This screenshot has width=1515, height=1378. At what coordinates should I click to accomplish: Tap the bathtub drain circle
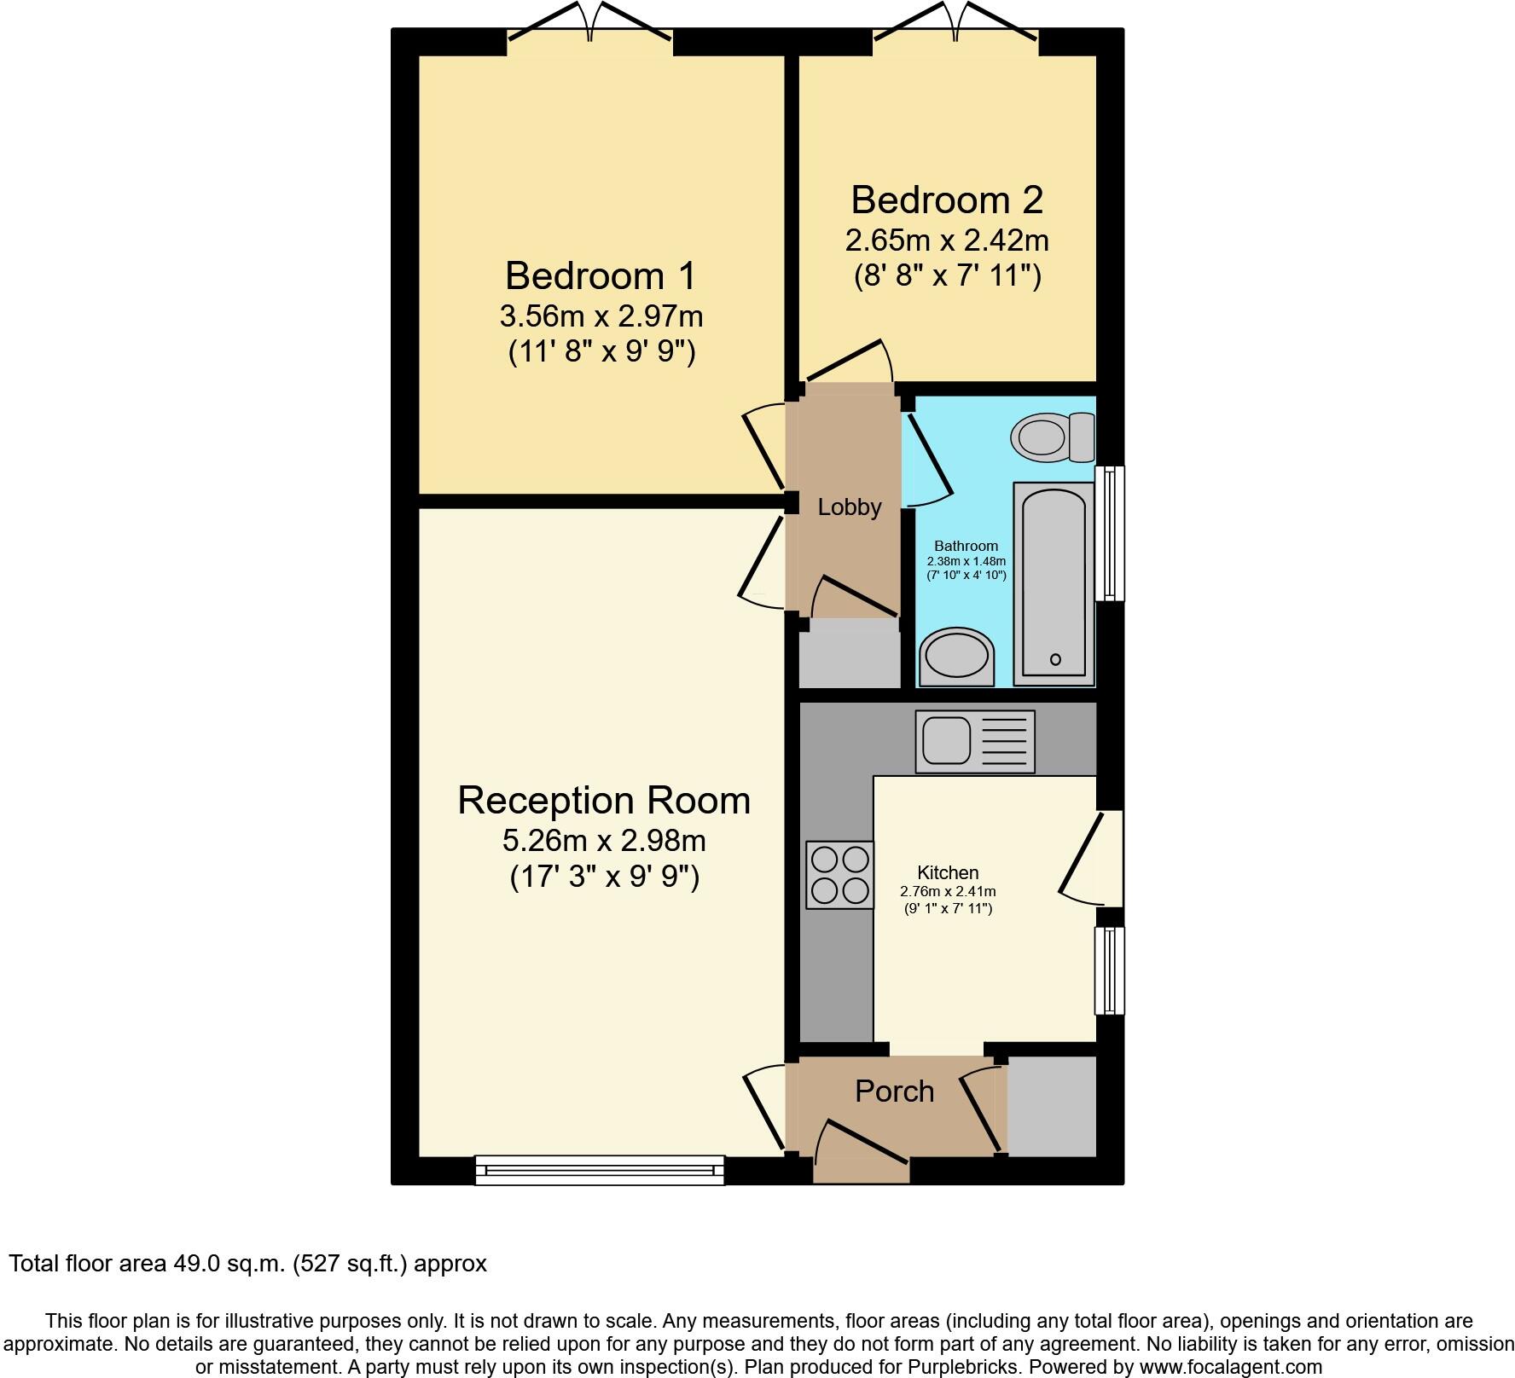click(1055, 659)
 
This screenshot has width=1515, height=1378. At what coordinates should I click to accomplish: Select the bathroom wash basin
click(957, 657)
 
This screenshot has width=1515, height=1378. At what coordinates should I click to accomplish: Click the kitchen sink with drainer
click(975, 741)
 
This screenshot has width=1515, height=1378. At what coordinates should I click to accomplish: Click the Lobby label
click(849, 507)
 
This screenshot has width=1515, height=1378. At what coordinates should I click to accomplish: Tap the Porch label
click(894, 1091)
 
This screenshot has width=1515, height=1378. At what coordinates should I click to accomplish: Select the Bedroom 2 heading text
click(947, 200)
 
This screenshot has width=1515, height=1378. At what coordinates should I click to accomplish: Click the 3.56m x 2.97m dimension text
click(601, 316)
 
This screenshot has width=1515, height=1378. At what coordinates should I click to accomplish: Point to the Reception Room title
click(604, 801)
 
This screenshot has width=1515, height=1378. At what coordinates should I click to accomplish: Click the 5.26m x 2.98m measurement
click(604, 841)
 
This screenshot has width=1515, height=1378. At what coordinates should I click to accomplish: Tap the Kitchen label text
click(948, 872)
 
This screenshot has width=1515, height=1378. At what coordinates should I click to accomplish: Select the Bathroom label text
click(966, 546)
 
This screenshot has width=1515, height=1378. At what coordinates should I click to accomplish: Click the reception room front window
click(599, 1169)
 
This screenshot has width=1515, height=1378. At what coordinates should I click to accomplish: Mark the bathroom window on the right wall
click(1109, 533)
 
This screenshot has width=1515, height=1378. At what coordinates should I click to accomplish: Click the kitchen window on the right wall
click(1109, 970)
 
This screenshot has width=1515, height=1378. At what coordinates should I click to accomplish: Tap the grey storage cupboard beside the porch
click(1051, 1107)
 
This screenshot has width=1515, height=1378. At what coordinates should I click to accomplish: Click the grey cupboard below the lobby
click(849, 652)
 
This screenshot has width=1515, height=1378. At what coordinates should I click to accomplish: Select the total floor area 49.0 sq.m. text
click(247, 1264)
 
